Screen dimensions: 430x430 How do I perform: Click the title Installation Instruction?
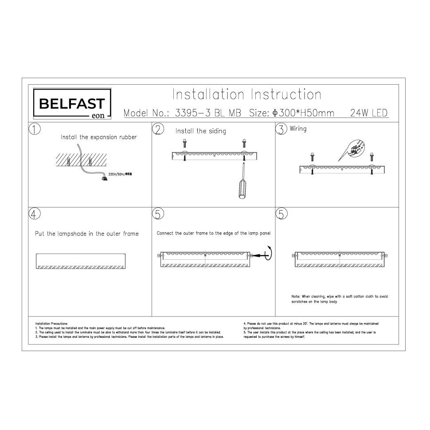pos(246,94)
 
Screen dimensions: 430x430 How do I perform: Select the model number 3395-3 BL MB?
pos(208,113)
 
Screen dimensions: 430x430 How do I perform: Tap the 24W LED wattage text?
pos(369,113)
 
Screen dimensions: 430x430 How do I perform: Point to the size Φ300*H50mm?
pos(304,113)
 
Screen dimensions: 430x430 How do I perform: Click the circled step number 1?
pos(35,129)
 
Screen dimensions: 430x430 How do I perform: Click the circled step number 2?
pos(158,129)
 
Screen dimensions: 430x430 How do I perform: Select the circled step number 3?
pos(281,129)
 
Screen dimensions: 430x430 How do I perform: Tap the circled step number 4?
pos(35,213)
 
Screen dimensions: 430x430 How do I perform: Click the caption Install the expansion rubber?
pos(98,137)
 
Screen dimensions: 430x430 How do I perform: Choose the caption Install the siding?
pos(200,131)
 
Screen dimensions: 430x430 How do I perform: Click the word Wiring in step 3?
pos(298,129)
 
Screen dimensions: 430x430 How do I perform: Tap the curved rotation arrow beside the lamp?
pos(268,254)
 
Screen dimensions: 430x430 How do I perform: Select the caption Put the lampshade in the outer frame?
pos(87,234)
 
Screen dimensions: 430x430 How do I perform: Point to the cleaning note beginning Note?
pos(340,299)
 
